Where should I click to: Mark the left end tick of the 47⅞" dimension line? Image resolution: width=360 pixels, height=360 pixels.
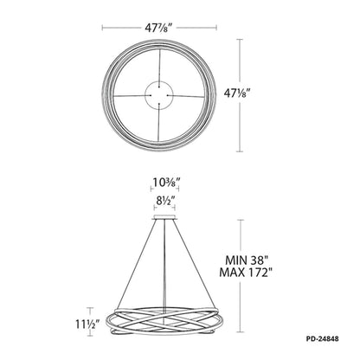(103, 26)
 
